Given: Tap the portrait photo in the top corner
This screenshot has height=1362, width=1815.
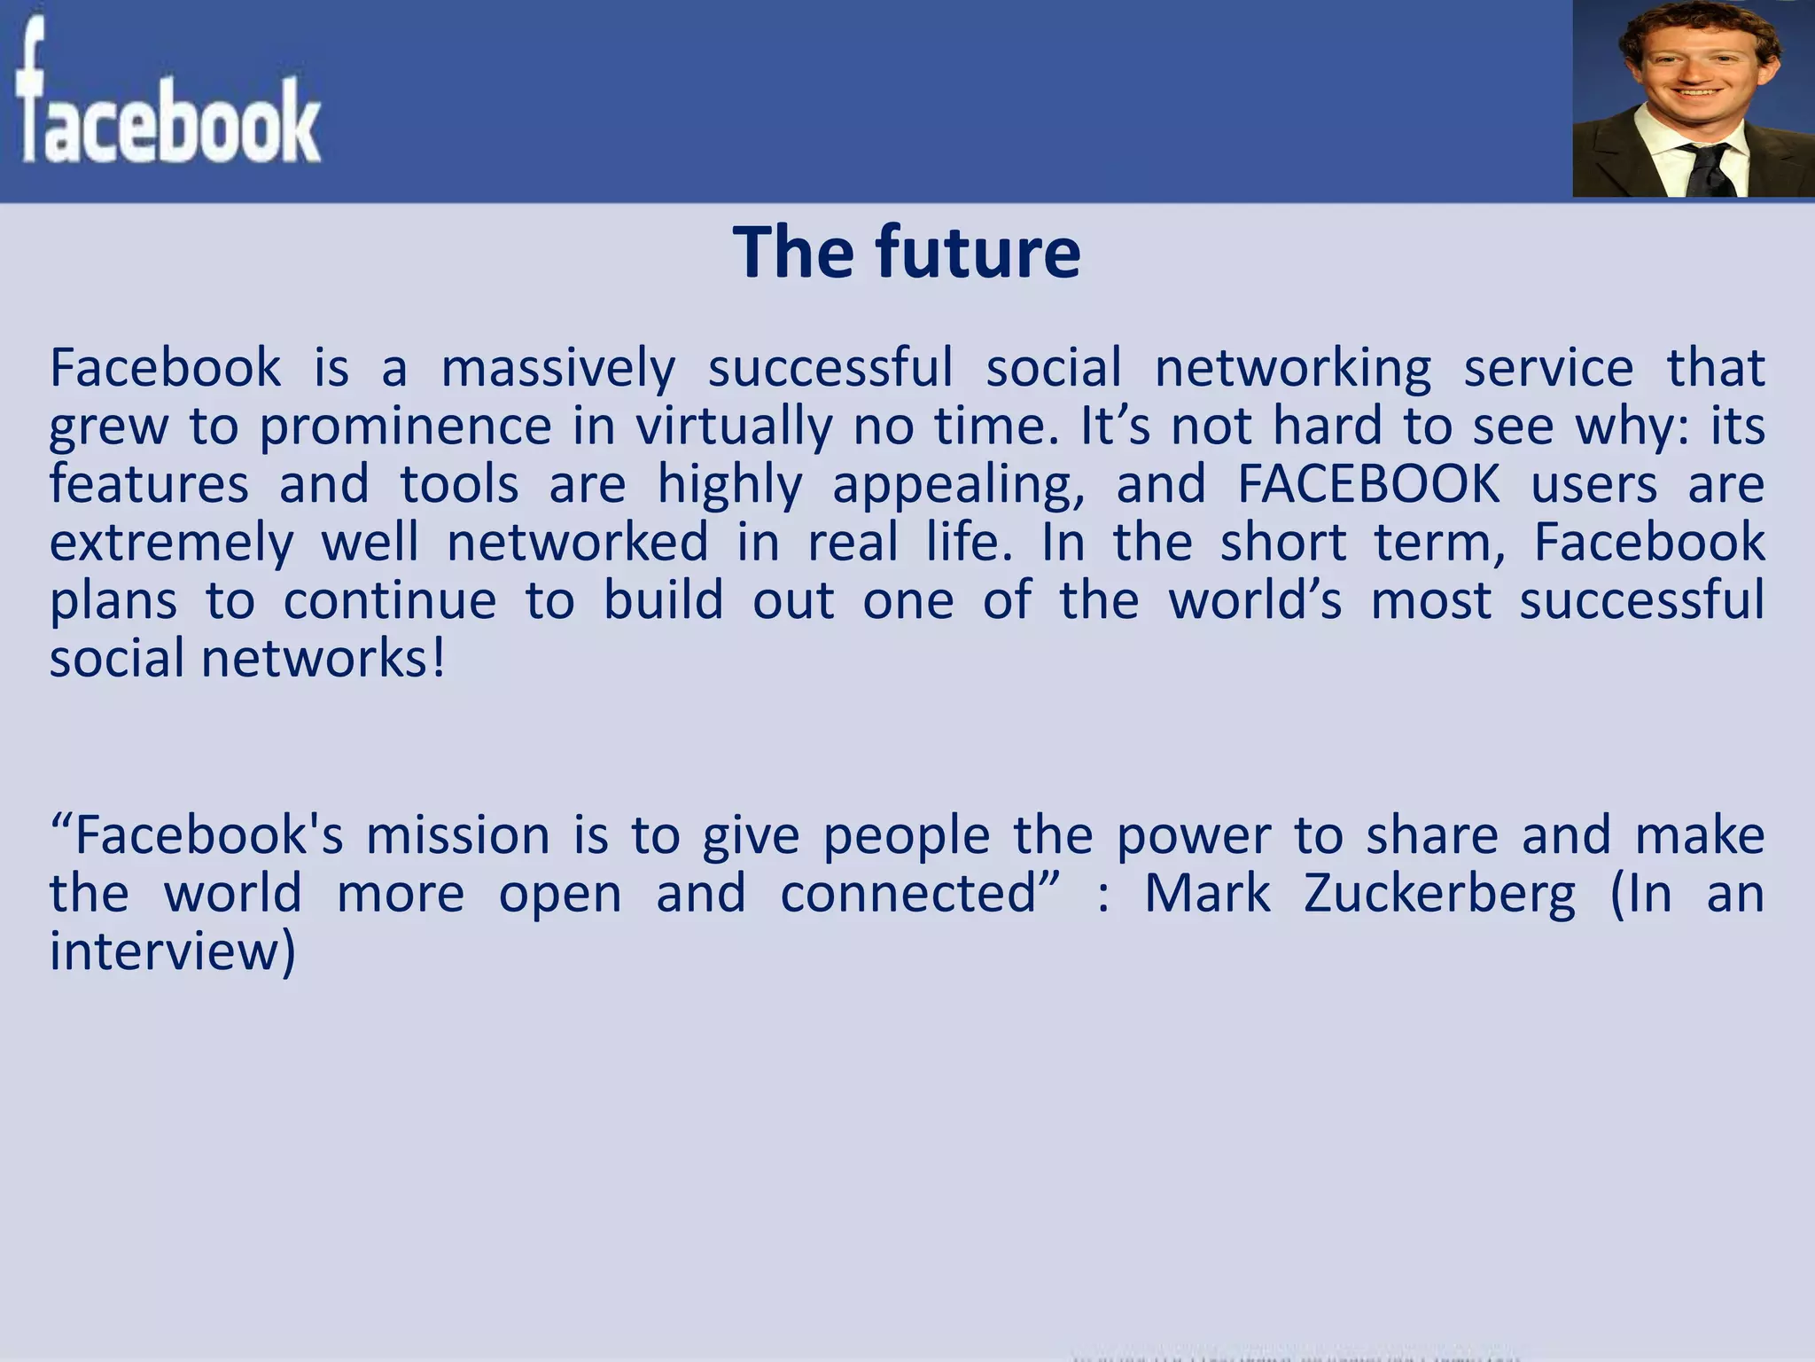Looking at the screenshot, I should coord(1693,98).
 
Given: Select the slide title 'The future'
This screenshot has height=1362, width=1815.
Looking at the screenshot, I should coord(907,253).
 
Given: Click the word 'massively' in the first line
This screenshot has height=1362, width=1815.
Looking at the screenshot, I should coord(558,368).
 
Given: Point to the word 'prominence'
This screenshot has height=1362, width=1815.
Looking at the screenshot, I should coord(406,427).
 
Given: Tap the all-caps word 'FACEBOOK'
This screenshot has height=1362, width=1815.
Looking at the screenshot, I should coord(1368,485).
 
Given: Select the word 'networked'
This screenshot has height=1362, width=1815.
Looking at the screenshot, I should coord(578,543).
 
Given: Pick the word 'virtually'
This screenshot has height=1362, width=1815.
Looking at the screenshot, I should coord(735,427).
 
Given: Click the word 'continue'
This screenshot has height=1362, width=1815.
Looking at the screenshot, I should coord(390,601).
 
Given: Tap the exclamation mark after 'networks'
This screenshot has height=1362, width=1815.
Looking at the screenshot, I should coord(438,660).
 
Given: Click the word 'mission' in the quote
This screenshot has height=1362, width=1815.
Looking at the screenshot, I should coord(458,836).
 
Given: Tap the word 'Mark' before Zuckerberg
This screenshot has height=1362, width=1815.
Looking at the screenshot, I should coord(1208,894).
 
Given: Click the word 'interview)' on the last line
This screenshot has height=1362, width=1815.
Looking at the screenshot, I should coord(173,951).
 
